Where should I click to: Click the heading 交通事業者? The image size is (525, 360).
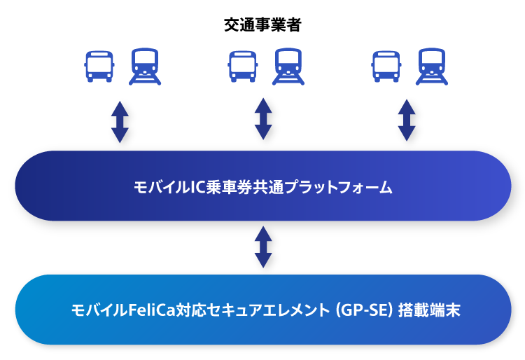tap(262, 25)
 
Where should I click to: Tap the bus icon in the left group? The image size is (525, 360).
tap(99, 67)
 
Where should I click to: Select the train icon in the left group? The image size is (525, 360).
tap(145, 67)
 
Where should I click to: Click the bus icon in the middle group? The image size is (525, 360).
tap(243, 67)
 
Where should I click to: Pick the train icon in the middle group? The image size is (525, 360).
tap(288, 67)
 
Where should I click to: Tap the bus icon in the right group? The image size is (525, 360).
tap(386, 67)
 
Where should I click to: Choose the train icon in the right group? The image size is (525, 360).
tap(432, 67)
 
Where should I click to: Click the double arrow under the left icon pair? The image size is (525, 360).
tap(120, 122)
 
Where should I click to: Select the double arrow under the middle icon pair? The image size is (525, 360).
tap(263, 119)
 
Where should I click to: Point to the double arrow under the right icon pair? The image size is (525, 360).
tap(407, 120)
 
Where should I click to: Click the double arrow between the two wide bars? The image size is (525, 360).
tap(263, 247)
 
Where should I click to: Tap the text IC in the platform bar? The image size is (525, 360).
tap(197, 187)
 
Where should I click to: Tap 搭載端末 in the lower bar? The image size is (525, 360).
tap(429, 310)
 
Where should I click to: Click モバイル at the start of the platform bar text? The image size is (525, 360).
tap(162, 187)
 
